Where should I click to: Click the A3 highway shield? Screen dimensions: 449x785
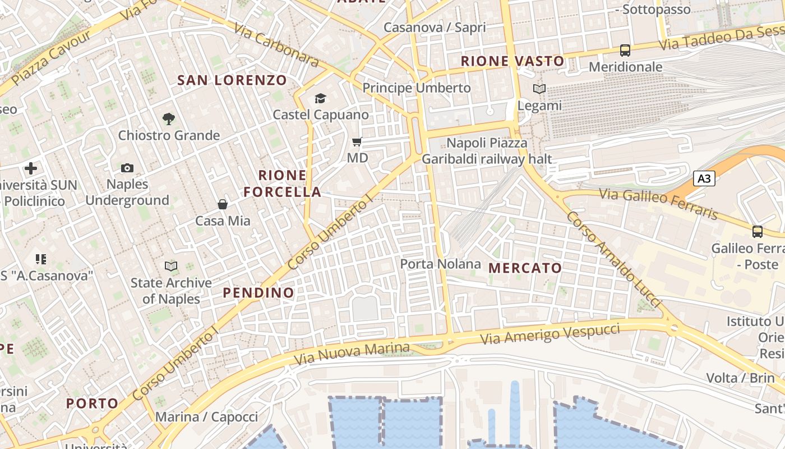coord(704,179)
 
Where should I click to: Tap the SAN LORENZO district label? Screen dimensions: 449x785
coord(232,80)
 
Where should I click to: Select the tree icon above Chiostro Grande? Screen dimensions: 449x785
coord(168,118)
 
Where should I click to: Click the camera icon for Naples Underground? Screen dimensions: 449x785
coord(127,168)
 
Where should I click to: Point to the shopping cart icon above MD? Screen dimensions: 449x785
coord(357,141)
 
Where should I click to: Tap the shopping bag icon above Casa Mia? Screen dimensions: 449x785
coord(223,204)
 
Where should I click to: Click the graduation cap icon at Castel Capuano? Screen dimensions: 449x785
coord(320,99)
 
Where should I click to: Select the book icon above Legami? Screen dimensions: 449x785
coord(539,89)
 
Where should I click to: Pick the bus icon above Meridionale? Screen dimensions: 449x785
coord(625,51)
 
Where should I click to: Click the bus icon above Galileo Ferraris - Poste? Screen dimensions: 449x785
coord(758,231)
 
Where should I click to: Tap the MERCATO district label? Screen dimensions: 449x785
coord(525,268)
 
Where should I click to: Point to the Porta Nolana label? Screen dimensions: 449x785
coord(440,264)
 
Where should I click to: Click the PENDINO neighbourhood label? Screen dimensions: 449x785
coord(258,293)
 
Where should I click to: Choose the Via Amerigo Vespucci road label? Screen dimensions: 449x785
coord(551,334)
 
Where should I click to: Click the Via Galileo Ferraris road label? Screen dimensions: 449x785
coord(658,204)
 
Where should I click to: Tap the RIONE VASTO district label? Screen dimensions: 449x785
coord(512,61)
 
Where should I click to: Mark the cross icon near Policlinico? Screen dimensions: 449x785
coord(31,168)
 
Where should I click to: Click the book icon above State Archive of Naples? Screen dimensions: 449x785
coord(171,266)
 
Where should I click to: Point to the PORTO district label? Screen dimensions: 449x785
coord(93,404)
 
